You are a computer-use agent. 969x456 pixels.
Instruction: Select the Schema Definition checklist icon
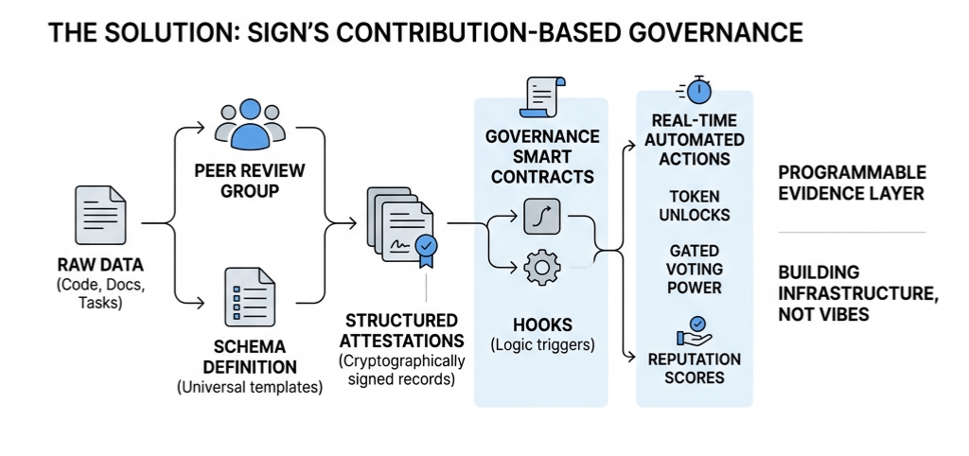(250, 295)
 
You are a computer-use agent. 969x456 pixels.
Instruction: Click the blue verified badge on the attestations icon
(428, 246)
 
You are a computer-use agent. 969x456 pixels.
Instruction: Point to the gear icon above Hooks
(541, 267)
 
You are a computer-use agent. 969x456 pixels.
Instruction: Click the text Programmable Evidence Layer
(851, 184)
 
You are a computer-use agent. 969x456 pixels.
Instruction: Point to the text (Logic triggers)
(542, 344)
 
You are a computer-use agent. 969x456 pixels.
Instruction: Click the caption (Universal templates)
(250, 386)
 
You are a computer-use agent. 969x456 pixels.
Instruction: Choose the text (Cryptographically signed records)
(401, 371)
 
